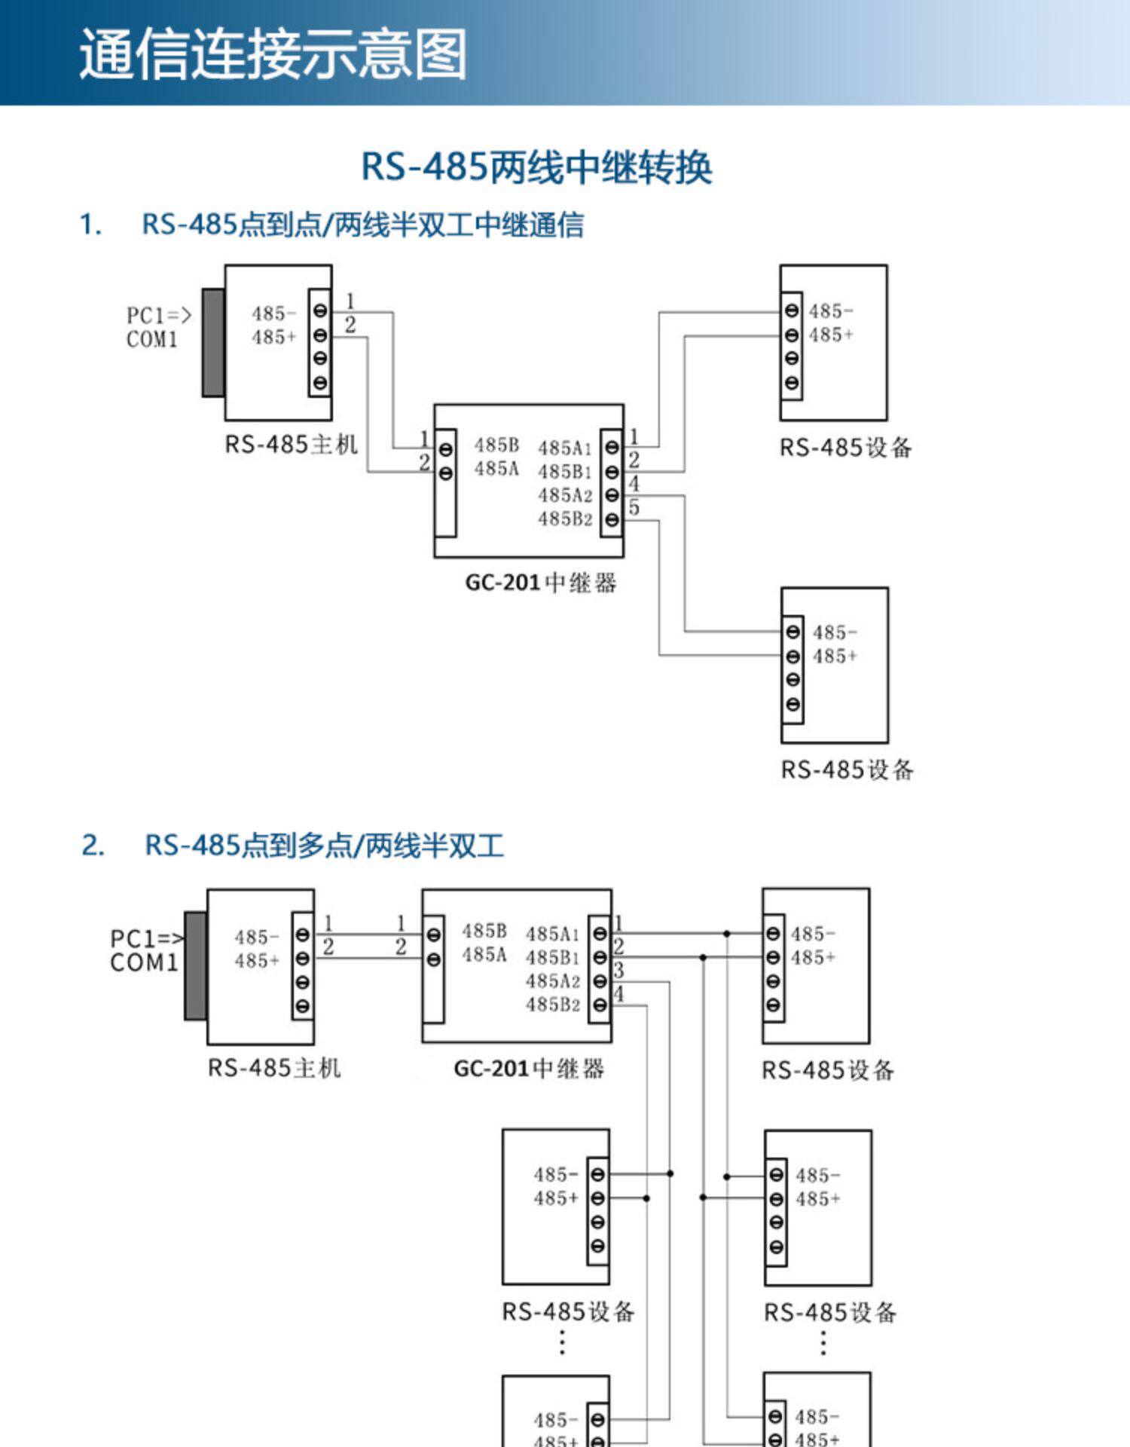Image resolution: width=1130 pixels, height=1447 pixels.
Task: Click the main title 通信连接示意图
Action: coord(273,54)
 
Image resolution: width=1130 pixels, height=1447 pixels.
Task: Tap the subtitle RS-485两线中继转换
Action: coord(536,167)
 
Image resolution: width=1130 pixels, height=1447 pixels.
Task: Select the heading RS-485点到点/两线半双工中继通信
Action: coord(362,225)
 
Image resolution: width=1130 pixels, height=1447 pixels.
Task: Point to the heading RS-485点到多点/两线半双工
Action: coord(324,845)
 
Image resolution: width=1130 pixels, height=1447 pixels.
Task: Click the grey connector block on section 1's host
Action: coord(213,342)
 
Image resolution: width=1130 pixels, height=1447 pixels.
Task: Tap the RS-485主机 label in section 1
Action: coord(292,445)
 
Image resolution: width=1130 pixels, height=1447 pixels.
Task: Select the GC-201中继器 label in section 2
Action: coord(529,1069)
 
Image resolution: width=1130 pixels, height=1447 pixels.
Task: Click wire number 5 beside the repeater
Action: coord(634,508)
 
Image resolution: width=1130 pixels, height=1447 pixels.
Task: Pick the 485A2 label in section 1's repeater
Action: coord(565,495)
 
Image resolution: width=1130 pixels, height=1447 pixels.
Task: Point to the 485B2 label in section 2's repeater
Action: coord(553,1005)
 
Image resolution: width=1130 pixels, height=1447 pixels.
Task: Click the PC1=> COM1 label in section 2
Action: coord(145,950)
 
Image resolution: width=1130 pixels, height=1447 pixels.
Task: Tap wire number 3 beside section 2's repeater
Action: coord(619,970)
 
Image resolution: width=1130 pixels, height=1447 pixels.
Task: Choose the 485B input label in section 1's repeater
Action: coord(496,445)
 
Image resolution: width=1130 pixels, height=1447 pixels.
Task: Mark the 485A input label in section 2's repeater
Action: coord(484,955)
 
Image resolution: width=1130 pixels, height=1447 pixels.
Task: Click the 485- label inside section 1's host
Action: coord(273,314)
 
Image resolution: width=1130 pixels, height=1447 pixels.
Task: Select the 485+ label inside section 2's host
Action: coord(257,961)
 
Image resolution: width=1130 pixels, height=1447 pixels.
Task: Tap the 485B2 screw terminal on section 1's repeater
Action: coord(612,519)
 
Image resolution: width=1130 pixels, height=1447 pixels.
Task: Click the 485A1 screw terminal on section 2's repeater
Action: coord(600,934)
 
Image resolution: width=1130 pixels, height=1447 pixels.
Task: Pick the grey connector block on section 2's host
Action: coord(196,965)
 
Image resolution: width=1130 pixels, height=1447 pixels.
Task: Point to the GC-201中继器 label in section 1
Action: coord(541,583)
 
